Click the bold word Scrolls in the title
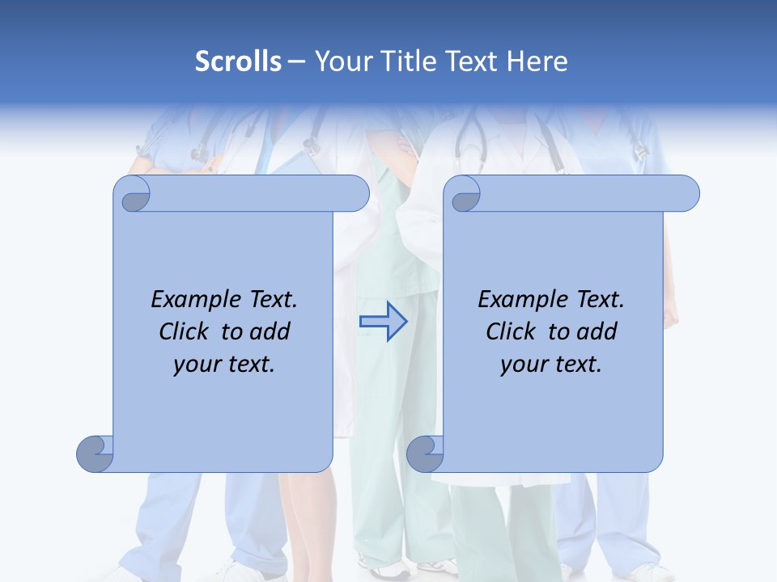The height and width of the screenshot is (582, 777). pos(238,61)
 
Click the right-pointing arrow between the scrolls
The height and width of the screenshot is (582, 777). pos(383,322)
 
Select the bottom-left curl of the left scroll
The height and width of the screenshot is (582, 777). pos(95,453)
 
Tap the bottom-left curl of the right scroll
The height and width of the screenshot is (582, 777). pos(425,453)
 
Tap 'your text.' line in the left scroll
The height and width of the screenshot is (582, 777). pos(223,364)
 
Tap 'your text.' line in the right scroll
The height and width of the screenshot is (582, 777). pos(550,364)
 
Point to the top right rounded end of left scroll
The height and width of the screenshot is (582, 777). pos(356,194)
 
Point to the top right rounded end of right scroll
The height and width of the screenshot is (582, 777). pos(686,194)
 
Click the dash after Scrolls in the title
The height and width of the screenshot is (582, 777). pos(297,62)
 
